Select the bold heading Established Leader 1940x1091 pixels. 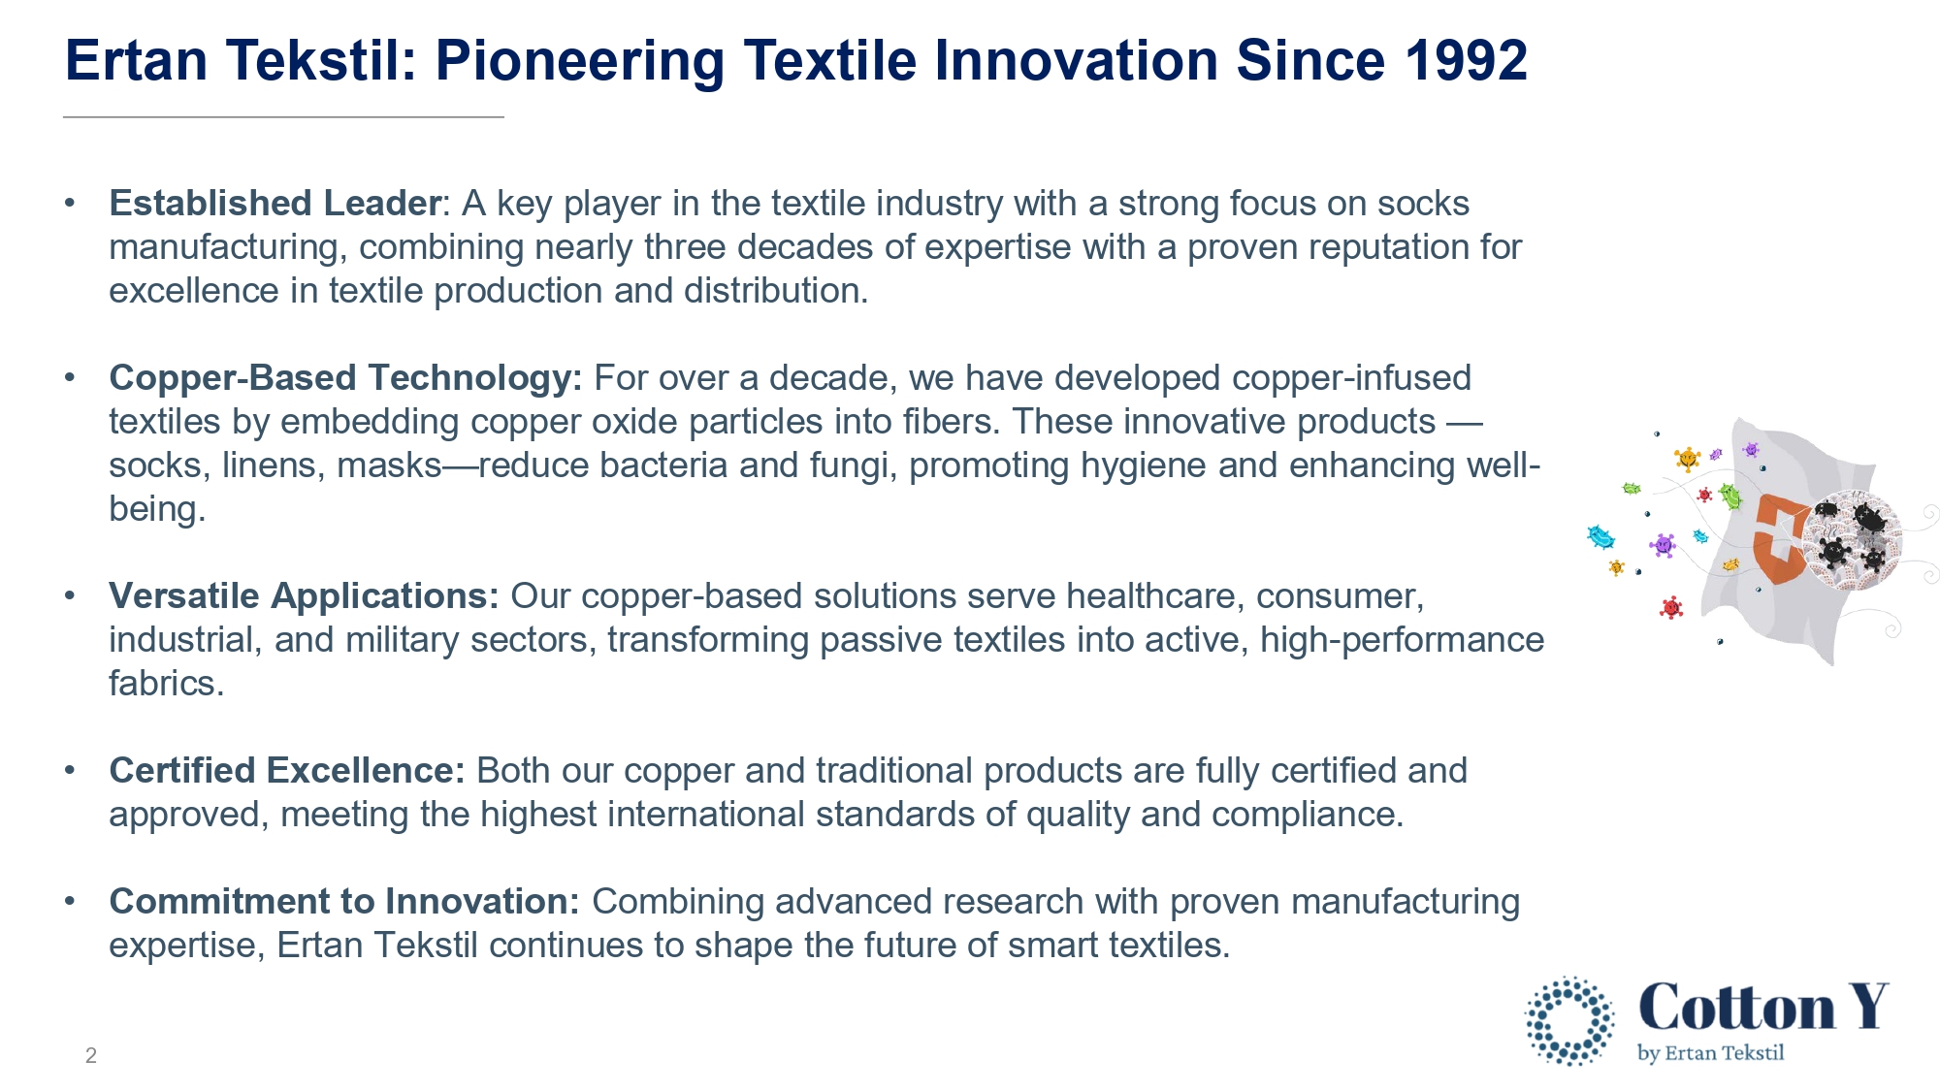(x=275, y=203)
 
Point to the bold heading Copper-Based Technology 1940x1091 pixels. (x=345, y=378)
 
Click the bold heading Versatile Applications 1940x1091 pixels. (x=304, y=596)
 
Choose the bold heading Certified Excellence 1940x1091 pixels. (x=287, y=770)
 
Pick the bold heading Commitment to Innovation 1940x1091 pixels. (x=344, y=901)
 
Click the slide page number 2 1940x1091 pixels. (x=91, y=1055)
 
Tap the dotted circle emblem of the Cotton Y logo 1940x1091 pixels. (x=1569, y=1021)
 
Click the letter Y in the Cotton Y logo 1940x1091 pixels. (x=1867, y=1006)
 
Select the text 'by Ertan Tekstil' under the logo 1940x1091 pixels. (x=1711, y=1053)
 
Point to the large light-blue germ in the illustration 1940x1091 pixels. (x=1600, y=536)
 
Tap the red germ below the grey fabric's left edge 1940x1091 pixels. (x=1671, y=608)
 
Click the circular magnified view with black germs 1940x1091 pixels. (x=1852, y=539)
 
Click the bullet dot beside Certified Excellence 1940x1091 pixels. (x=70, y=771)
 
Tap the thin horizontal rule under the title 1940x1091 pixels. (x=283, y=117)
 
